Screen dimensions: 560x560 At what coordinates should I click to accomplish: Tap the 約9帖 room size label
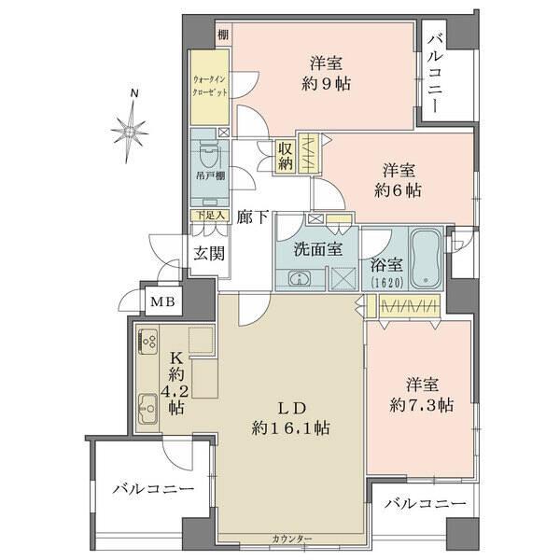(x=326, y=82)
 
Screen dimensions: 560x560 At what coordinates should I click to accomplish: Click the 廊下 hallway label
(x=252, y=217)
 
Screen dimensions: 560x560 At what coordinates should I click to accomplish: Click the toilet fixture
(x=208, y=149)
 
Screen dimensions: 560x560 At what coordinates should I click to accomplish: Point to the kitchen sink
(x=148, y=405)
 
